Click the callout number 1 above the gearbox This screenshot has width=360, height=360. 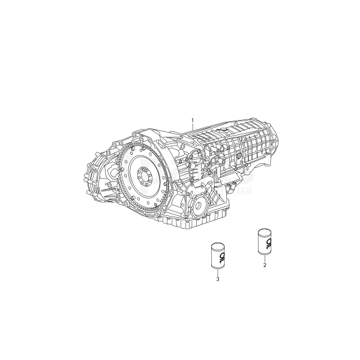point(193,120)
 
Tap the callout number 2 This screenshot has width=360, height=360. point(265,265)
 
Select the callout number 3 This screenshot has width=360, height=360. point(218,279)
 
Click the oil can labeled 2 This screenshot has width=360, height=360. point(265,242)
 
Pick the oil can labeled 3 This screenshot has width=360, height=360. point(218,256)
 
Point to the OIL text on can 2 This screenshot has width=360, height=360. point(268,244)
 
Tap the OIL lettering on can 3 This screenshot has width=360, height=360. point(221,258)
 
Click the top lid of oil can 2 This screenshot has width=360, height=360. point(265,231)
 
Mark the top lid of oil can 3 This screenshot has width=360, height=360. point(218,245)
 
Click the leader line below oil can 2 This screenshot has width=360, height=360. point(265,259)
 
